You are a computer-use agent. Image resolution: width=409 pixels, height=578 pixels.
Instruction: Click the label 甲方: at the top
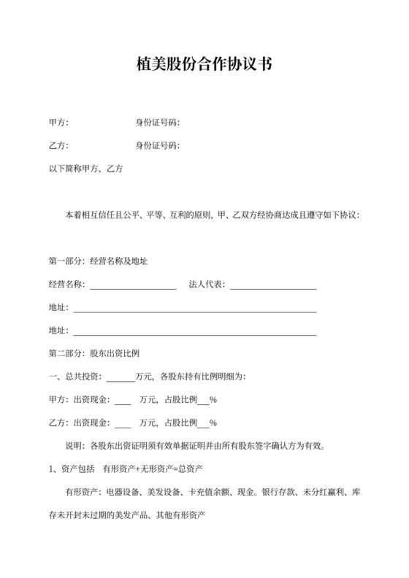58,122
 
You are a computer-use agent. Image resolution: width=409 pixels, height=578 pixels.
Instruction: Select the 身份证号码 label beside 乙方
157,145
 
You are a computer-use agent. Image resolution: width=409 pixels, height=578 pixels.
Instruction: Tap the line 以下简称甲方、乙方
85,169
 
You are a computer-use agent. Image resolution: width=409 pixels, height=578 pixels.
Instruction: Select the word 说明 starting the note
74,446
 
